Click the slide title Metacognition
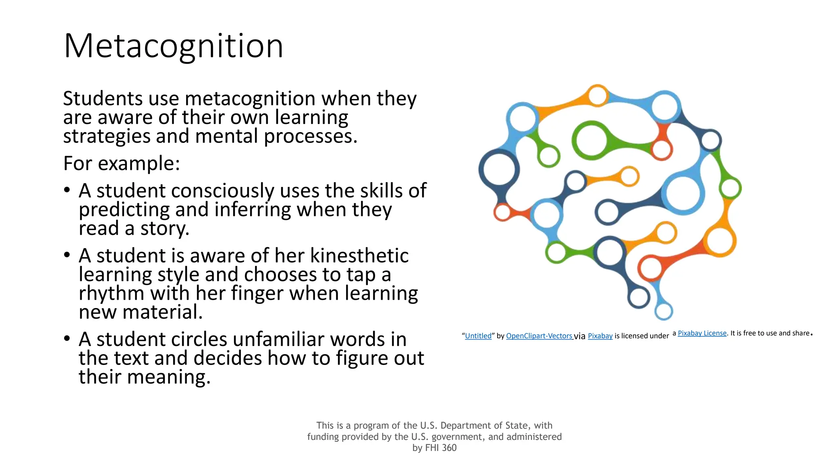(x=173, y=46)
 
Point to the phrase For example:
(x=121, y=164)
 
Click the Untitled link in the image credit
(x=478, y=336)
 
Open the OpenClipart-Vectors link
(x=539, y=336)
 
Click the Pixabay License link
(x=702, y=333)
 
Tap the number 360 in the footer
(x=449, y=448)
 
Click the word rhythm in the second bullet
(x=111, y=293)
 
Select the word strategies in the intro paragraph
(x=107, y=137)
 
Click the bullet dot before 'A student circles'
(x=67, y=338)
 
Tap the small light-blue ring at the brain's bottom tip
(x=664, y=311)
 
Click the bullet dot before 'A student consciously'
(x=67, y=190)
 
